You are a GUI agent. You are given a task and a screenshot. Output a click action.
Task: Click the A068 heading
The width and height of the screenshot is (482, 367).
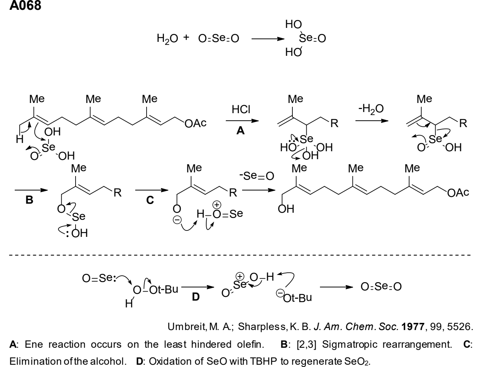(x=25, y=5)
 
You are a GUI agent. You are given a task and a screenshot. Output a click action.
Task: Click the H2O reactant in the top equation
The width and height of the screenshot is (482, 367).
(x=167, y=39)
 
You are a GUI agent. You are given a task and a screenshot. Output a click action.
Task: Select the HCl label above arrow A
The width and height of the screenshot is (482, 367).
(x=241, y=109)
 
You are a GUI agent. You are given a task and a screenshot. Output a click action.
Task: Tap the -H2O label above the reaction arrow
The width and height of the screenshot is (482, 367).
(x=371, y=109)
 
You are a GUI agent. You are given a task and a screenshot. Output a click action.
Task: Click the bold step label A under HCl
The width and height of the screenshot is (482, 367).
(x=241, y=131)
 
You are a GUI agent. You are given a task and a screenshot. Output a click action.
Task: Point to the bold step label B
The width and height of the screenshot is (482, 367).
(x=29, y=200)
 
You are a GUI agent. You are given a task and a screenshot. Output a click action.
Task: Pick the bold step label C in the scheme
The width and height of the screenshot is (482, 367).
(x=150, y=200)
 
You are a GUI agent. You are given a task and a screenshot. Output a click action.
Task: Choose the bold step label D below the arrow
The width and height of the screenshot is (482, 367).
(x=196, y=297)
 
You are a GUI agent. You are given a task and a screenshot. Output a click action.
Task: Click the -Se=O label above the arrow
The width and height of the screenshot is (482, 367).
(x=257, y=176)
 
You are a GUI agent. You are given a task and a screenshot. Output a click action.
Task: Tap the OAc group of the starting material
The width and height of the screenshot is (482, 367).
(x=195, y=123)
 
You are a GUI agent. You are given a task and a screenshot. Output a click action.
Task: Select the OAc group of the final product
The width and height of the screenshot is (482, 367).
(x=458, y=193)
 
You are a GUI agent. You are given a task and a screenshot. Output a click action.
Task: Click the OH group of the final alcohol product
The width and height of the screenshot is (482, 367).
(x=286, y=209)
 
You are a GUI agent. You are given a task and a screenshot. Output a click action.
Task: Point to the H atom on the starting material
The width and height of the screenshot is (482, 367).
(x=20, y=139)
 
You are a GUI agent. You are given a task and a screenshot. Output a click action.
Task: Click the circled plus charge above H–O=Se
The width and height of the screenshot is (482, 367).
(x=217, y=205)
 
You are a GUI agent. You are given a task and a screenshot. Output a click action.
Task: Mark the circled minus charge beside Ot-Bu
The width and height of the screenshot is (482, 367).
(x=280, y=293)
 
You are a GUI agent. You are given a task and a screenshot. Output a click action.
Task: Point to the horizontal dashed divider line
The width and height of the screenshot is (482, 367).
(x=240, y=255)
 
